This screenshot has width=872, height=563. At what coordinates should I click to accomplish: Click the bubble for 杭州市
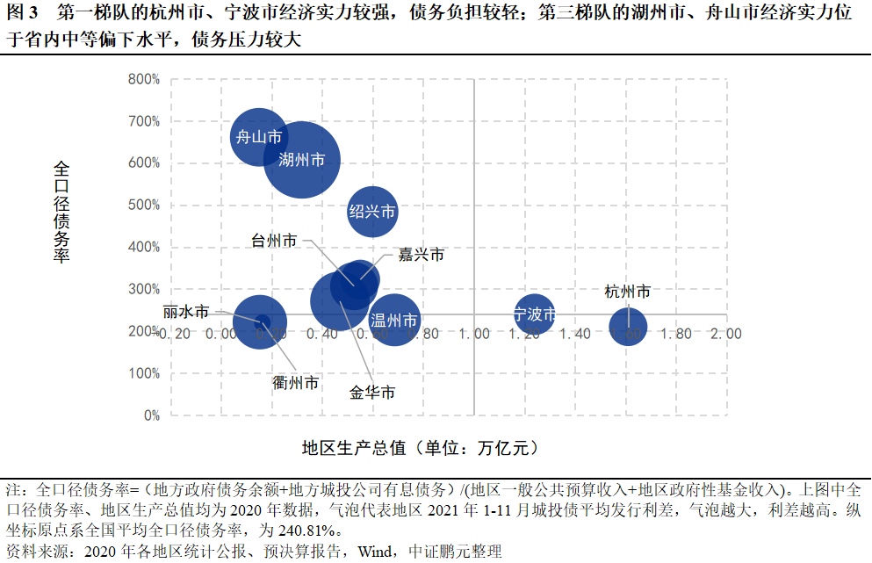pyautogui.click(x=628, y=328)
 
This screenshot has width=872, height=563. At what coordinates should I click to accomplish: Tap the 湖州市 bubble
pyautogui.click(x=301, y=160)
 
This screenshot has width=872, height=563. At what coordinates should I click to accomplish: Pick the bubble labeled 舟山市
pyautogui.click(x=258, y=137)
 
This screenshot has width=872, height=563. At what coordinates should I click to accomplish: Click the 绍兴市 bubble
pyautogui.click(x=372, y=212)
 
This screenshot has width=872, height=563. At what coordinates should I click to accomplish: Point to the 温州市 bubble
pyautogui.click(x=394, y=320)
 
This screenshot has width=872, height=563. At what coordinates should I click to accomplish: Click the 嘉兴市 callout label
pyautogui.click(x=421, y=255)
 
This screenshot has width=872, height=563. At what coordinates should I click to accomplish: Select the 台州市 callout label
pyautogui.click(x=273, y=241)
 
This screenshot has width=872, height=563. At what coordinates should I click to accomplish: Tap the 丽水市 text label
pyautogui.click(x=186, y=312)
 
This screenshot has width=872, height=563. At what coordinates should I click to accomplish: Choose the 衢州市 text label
pyautogui.click(x=296, y=383)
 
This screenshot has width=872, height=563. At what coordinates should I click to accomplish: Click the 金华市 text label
pyautogui.click(x=372, y=393)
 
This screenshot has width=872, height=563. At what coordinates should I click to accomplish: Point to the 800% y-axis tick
pyautogui.click(x=143, y=79)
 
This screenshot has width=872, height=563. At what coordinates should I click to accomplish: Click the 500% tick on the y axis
pyautogui.click(x=143, y=206)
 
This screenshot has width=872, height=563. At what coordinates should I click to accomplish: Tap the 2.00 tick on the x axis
pyautogui.click(x=726, y=334)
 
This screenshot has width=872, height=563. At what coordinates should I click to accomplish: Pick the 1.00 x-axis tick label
pyautogui.click(x=474, y=334)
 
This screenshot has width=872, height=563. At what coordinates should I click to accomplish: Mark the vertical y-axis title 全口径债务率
pyautogui.click(x=62, y=211)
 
